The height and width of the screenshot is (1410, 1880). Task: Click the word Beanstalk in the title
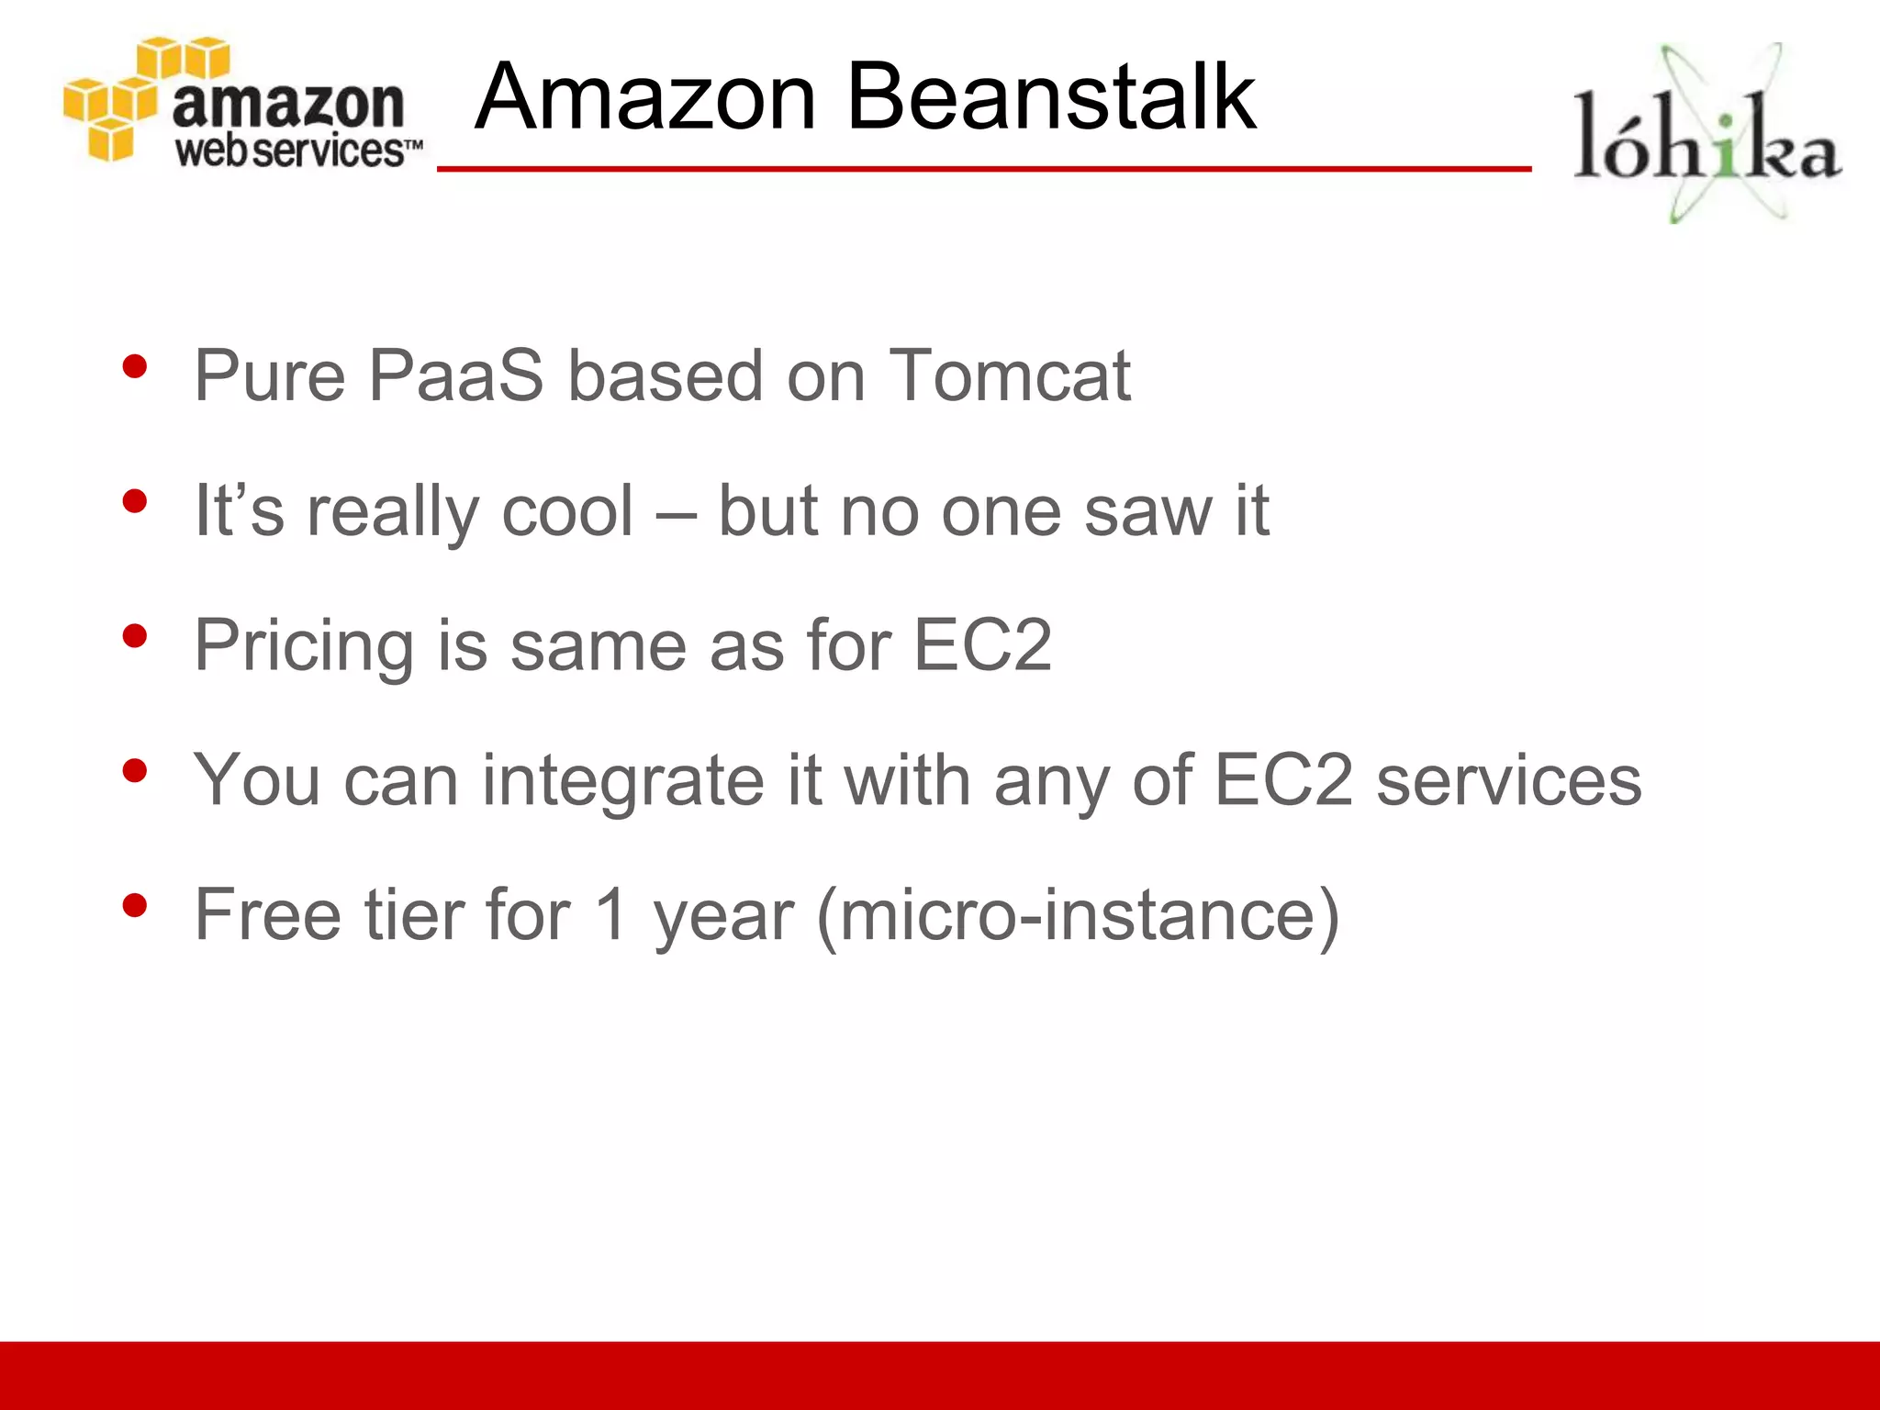point(1050,96)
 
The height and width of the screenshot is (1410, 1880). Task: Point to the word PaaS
point(456,376)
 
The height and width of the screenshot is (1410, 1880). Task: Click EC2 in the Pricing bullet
point(982,645)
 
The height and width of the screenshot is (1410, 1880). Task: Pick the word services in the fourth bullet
point(1508,781)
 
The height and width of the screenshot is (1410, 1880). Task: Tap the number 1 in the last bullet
point(611,915)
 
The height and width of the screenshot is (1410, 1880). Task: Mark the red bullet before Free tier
point(135,906)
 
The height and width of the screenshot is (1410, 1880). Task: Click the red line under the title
point(982,169)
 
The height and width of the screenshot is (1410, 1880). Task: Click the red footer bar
point(940,1375)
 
